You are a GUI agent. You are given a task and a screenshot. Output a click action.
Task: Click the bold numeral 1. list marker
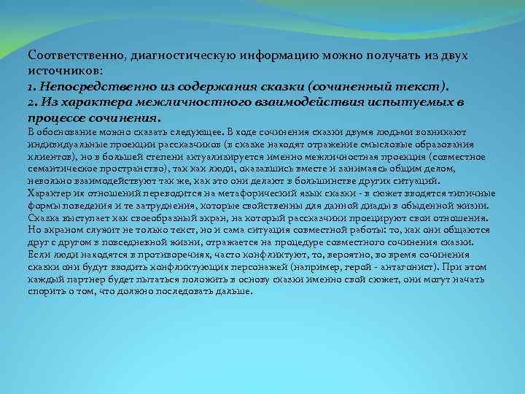click(x=32, y=86)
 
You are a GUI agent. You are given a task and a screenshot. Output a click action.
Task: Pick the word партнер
click(x=82, y=280)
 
